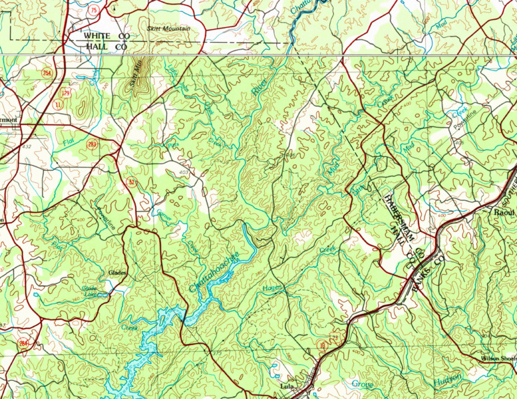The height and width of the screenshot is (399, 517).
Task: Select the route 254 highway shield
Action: (x=46, y=72)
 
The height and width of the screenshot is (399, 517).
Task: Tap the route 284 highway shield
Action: (x=25, y=342)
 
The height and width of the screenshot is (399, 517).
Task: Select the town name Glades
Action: (x=116, y=273)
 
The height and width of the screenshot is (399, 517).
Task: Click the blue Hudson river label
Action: (x=447, y=381)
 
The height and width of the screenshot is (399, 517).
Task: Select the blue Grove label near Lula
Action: (x=363, y=384)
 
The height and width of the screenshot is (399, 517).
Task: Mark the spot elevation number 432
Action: (x=26, y=146)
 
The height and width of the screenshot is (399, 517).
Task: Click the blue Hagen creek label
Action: (x=273, y=287)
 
